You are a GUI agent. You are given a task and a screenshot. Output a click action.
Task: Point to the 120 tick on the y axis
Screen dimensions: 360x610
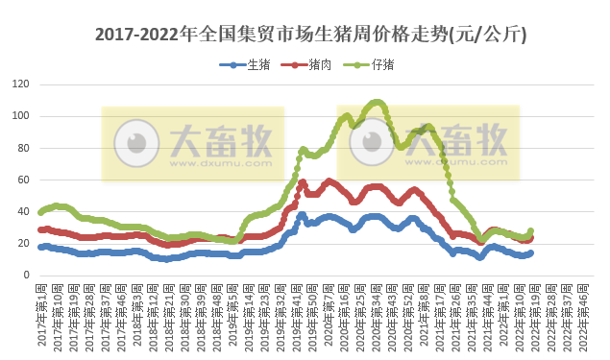click(19, 84)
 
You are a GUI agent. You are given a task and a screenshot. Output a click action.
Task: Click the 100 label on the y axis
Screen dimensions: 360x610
click(19, 116)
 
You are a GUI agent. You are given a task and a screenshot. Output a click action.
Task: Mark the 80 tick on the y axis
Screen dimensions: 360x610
click(22, 148)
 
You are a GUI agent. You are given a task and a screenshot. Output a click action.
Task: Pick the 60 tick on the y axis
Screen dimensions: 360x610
click(22, 180)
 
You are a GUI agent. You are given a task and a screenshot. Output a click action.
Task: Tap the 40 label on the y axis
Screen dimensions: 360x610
click(22, 211)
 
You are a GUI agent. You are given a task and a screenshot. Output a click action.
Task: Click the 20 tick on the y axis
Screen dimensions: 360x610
click(22, 243)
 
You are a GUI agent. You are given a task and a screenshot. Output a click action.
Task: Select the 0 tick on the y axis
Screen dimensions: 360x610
click(25, 276)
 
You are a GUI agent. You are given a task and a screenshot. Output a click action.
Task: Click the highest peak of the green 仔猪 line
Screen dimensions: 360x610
click(377, 101)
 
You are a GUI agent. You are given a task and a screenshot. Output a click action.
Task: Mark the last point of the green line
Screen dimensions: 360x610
click(530, 231)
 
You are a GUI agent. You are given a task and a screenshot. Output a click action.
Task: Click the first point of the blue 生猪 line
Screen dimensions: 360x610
click(40, 247)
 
